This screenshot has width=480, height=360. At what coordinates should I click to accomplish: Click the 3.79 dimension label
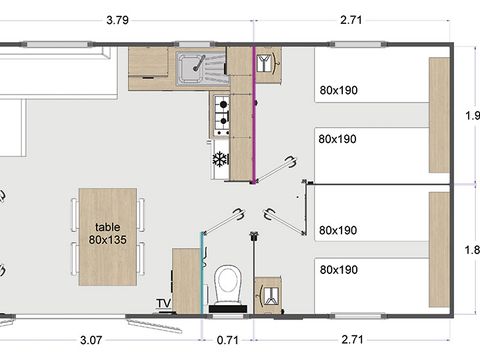pyautogui.click(x=123, y=17)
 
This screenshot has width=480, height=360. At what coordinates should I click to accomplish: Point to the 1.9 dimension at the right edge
pyautogui.click(x=473, y=115)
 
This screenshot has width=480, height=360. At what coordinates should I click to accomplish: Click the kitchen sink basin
pyautogui.click(x=187, y=69)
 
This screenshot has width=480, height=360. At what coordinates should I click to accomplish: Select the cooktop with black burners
pyautogui.click(x=220, y=115)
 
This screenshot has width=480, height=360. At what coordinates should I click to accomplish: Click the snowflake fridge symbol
pyautogui.click(x=220, y=159)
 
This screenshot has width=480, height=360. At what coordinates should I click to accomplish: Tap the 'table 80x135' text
pyautogui.click(x=107, y=233)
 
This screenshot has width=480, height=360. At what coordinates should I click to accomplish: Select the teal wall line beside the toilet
pyautogui.click(x=203, y=270)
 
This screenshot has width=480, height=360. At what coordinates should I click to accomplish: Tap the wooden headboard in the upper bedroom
pyautogui.click(x=439, y=115)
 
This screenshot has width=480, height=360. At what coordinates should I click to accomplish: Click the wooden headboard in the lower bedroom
pyautogui.click(x=439, y=249)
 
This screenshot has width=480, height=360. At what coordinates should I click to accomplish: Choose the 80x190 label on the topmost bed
pyautogui.click(x=338, y=90)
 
